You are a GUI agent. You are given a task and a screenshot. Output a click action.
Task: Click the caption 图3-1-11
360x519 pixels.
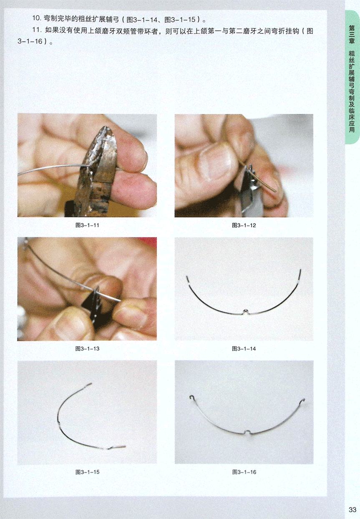point(87,225)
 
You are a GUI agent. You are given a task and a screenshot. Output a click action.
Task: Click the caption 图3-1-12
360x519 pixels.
point(244,225)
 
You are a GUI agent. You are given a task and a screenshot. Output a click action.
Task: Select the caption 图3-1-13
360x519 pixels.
point(87,349)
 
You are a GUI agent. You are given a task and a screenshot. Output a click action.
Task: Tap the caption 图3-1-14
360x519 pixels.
point(244,349)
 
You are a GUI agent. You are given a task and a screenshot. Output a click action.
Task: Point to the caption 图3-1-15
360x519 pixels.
point(87,472)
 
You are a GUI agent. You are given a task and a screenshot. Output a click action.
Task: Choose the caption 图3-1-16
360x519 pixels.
point(244,472)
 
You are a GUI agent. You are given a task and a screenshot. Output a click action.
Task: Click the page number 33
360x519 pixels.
point(352,509)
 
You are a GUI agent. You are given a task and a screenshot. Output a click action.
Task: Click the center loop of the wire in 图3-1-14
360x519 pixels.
point(246,311)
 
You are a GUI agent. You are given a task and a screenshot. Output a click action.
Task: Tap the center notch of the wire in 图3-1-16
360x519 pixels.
point(247,431)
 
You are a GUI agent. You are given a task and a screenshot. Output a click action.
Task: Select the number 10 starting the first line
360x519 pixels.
point(36,18)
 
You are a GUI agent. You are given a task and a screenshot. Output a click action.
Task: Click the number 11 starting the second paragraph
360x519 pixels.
point(36,30)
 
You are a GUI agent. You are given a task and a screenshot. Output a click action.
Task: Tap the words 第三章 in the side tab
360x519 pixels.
point(352,35)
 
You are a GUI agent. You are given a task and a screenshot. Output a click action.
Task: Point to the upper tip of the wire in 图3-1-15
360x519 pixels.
point(91,383)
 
